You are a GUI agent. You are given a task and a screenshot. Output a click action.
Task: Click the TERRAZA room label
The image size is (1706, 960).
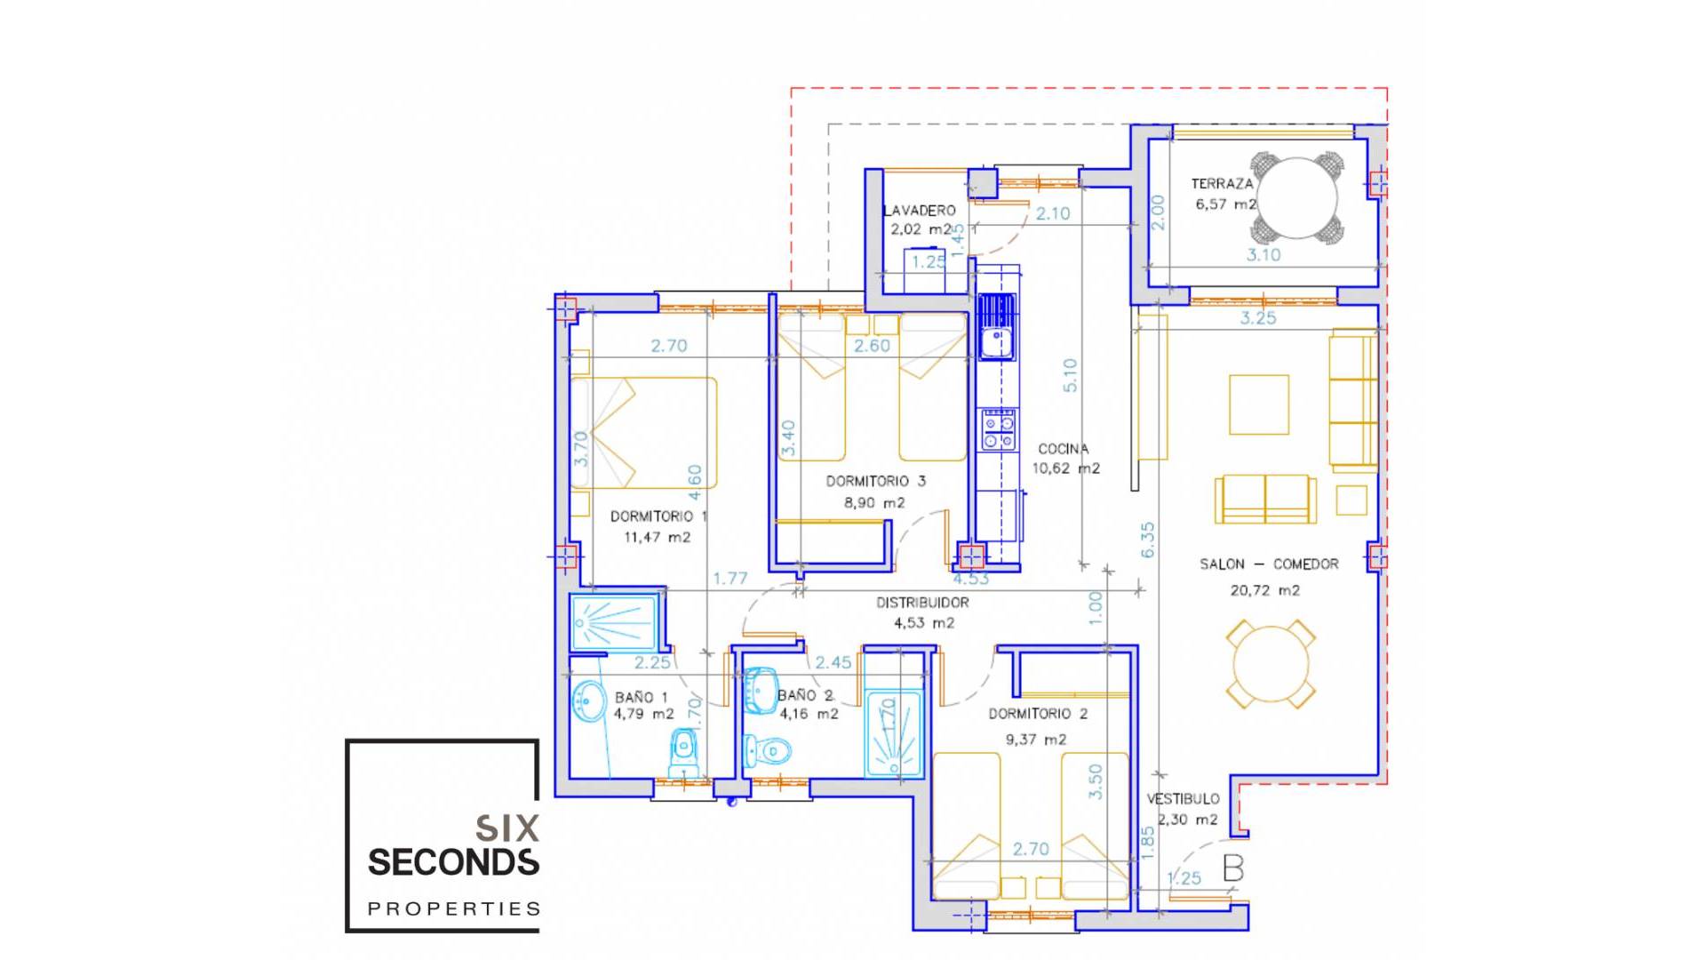pos(1222,184)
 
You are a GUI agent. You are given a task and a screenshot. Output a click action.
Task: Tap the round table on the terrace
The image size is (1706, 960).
pos(1297,197)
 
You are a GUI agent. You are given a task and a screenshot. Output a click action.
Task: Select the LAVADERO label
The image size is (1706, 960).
pos(920,211)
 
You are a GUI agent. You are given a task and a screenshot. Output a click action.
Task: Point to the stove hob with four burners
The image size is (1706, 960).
pos(998,430)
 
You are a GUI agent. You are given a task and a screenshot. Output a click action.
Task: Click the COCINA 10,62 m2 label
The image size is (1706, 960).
pos(1064,459)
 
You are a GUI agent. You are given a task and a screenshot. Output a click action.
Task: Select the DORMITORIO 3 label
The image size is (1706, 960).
pos(875,481)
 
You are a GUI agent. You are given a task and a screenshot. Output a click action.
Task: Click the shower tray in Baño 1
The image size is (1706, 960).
pos(613,621)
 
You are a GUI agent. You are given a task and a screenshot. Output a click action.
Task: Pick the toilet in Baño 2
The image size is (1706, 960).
pos(766,751)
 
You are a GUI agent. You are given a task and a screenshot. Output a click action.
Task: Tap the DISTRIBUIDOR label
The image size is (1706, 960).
pos(922,603)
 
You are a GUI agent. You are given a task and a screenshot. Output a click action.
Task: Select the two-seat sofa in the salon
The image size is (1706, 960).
pos(1265,499)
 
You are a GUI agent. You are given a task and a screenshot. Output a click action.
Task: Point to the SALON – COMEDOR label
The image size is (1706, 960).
pos(1268,564)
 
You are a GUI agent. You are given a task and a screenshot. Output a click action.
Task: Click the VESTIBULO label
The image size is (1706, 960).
pos(1183,799)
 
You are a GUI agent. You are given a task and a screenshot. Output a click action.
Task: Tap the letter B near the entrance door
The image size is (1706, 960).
pos(1232,868)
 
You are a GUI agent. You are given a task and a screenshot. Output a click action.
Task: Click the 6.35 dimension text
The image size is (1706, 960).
pos(1147,540)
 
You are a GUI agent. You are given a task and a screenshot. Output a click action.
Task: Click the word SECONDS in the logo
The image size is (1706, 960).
pos(453,862)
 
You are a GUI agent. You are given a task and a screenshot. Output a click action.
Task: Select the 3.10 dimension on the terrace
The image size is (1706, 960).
pos(1263,255)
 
